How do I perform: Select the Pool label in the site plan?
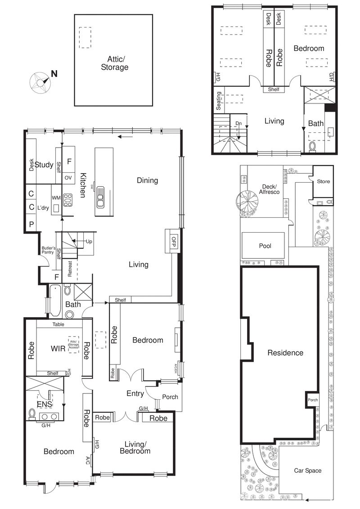265,246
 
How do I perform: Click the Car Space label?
308,470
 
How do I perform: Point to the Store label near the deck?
323,181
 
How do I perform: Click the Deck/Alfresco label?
269,189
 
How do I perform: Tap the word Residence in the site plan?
285,353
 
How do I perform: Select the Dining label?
148,180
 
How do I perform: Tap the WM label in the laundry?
56,198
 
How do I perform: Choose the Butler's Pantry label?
49,250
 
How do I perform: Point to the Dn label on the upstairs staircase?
238,123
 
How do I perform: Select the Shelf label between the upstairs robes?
274,89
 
